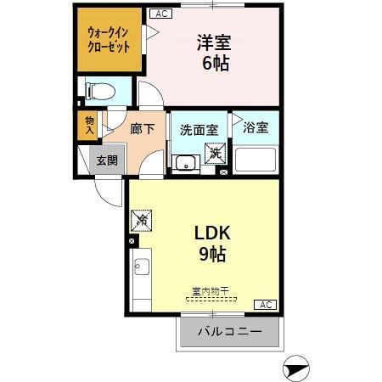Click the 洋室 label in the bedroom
click(216, 42)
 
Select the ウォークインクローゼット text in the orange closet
click(109, 40)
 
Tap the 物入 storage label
click(89, 125)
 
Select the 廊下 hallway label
click(142, 130)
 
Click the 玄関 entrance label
click(106, 160)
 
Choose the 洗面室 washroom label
click(199, 131)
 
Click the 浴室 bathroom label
click(256, 128)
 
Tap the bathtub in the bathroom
click(256, 160)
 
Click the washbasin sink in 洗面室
click(183, 163)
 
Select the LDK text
click(213, 234)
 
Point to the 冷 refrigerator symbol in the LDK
click(142, 221)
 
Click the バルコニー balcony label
click(228, 331)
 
